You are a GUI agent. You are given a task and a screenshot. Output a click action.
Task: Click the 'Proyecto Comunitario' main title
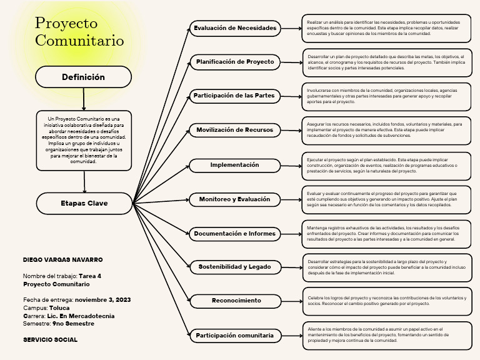click(x=79, y=32)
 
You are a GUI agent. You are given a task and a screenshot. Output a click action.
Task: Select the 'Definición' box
click(x=83, y=77)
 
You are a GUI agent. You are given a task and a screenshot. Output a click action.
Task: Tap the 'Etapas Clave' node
click(x=84, y=203)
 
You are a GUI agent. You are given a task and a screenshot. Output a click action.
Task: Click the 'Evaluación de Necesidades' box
click(x=235, y=28)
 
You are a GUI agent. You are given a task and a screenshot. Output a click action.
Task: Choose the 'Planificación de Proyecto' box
click(x=235, y=62)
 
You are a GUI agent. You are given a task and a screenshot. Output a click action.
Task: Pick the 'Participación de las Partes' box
click(x=235, y=96)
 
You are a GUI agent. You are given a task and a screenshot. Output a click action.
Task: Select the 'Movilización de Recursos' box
click(x=235, y=130)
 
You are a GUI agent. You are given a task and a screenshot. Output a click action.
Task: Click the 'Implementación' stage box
click(x=235, y=165)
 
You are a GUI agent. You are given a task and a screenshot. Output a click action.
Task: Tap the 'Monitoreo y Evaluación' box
click(x=235, y=199)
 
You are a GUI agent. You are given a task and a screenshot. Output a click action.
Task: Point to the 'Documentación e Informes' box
click(x=235, y=234)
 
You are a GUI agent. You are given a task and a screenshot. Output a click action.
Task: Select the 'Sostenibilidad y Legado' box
click(x=235, y=267)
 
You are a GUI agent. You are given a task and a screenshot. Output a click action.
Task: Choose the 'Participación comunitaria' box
click(x=235, y=336)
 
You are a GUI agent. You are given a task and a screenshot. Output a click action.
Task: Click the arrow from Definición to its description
click(x=83, y=99)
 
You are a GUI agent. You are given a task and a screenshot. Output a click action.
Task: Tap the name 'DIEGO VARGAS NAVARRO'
click(x=62, y=259)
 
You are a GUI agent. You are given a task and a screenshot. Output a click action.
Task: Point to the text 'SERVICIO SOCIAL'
click(x=50, y=340)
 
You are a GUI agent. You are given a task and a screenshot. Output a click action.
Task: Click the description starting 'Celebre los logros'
click(x=387, y=301)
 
